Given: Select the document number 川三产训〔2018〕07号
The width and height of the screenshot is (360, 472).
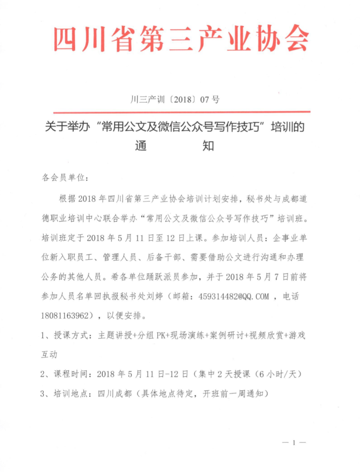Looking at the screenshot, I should click(175, 99).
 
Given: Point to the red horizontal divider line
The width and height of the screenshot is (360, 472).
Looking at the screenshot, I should click(182, 112).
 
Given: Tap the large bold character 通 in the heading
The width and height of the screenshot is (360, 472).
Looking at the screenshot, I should click(141, 146).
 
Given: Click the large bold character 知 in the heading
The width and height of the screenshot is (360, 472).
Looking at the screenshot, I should click(208, 146).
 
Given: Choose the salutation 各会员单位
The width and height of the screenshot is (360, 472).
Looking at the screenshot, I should click(63, 178).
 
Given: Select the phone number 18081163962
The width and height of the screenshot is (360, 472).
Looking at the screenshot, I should click(65, 316).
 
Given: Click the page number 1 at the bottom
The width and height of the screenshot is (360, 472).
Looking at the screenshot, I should click(294, 442).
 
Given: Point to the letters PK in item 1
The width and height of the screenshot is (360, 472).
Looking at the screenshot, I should click(161, 335).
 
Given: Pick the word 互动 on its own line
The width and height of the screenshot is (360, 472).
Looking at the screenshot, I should click(49, 355).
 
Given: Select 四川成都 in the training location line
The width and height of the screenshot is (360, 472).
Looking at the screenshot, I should click(114, 394).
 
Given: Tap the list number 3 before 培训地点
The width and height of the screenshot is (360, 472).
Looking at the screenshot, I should click(43, 394).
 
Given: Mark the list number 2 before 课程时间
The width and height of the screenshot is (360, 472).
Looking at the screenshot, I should click(43, 374).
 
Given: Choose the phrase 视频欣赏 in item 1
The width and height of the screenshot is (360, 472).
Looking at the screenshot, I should click(266, 335).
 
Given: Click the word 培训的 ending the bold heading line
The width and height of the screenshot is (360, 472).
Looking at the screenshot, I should click(287, 127).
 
